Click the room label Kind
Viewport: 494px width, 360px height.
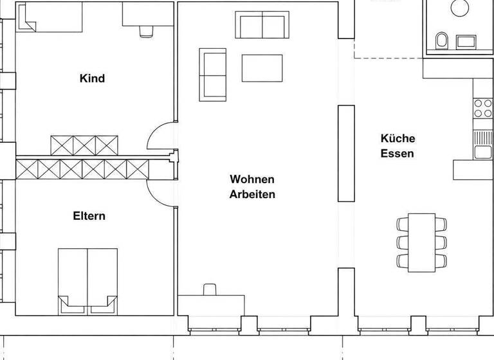[x=92, y=78]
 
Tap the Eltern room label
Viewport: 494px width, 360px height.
[x=89, y=216]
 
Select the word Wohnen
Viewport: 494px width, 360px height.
[x=252, y=179]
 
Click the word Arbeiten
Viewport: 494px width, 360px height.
[x=252, y=194]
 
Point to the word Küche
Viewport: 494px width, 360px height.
[x=398, y=138]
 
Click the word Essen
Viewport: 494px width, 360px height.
[x=397, y=154]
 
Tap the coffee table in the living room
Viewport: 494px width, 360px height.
[x=262, y=68]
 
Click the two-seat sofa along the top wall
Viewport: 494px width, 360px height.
[x=262, y=24]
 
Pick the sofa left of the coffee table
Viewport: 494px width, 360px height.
[x=213, y=74]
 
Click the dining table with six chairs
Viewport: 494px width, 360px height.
[x=422, y=242]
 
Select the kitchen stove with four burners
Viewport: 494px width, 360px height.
[x=482, y=108]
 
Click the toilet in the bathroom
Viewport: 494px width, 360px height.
[x=441, y=40]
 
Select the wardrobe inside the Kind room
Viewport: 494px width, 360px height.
[x=84, y=145]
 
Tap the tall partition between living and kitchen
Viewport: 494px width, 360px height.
[x=347, y=153]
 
